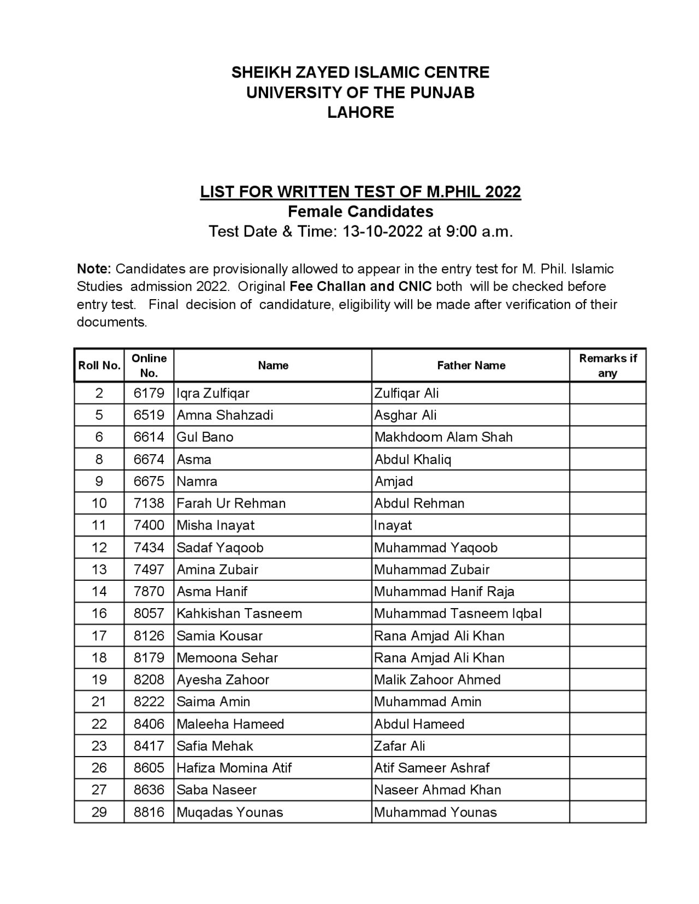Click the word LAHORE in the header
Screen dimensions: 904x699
coord(360,112)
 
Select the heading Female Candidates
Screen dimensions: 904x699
coord(360,211)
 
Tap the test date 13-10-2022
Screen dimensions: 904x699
coord(382,231)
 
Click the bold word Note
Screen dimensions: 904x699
coord(94,269)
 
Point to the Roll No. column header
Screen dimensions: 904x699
coord(99,365)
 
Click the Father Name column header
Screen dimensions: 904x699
coord(471,365)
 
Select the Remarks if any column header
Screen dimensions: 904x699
coord(607,365)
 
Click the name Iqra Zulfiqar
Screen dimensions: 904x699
coord(213,393)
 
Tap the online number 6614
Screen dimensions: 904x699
coord(149,437)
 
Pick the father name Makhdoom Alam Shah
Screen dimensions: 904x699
coord(443,437)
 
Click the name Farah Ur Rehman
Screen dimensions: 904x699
coord(231,503)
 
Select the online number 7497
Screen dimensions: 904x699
coord(149,569)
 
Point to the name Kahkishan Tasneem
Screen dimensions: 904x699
coord(239,614)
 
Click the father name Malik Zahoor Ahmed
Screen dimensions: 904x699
coord(437,680)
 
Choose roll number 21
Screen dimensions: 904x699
coord(99,701)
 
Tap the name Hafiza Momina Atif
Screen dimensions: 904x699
coord(234,768)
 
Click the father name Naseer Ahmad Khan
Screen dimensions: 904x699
coord(437,790)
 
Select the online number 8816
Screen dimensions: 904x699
coord(149,812)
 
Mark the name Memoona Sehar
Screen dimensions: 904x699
coord(227,658)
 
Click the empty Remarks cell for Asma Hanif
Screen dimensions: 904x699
coord(607,591)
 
